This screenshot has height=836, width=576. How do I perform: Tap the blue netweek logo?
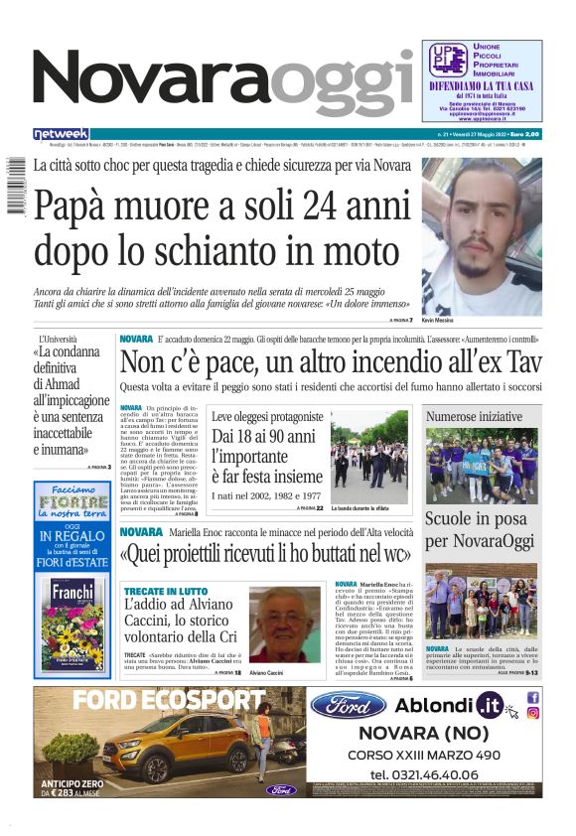pyautogui.click(x=61, y=134)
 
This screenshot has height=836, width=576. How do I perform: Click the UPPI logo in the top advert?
pyautogui.click(x=443, y=60)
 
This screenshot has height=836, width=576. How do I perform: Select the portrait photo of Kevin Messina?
pyautogui.click(x=482, y=235)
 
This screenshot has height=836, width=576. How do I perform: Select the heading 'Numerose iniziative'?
pyautogui.click(x=475, y=417)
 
